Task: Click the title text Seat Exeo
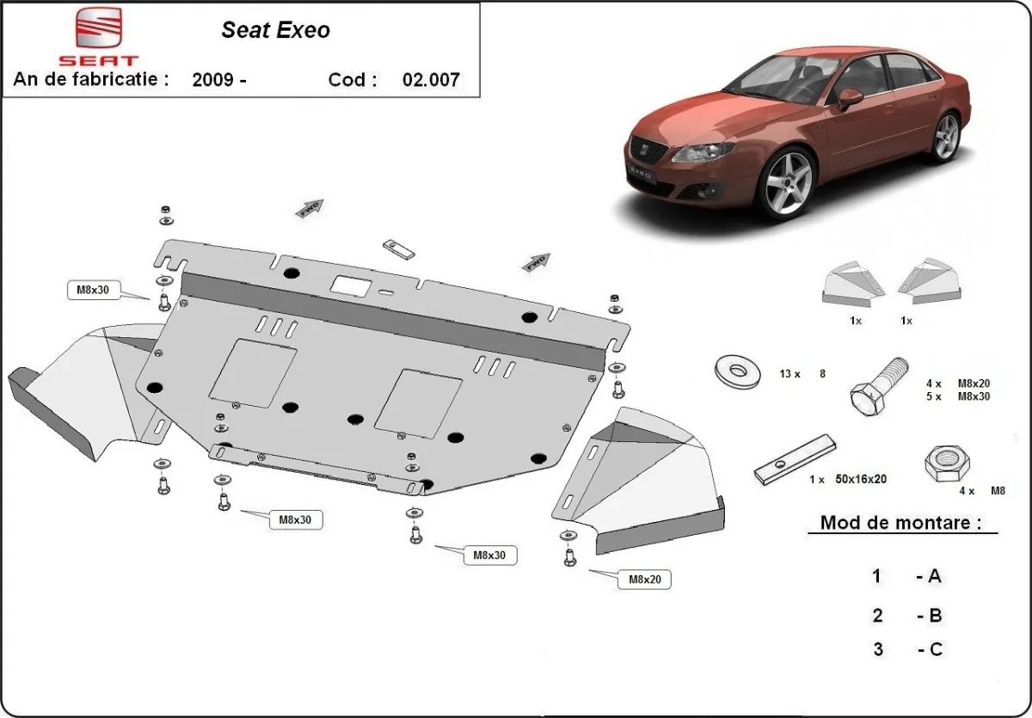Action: click(275, 30)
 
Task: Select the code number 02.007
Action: click(431, 80)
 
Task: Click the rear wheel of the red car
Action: click(946, 136)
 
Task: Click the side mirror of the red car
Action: click(850, 97)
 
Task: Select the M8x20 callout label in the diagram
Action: click(643, 580)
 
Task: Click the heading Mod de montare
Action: click(900, 522)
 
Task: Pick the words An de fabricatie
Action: click(90, 79)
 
